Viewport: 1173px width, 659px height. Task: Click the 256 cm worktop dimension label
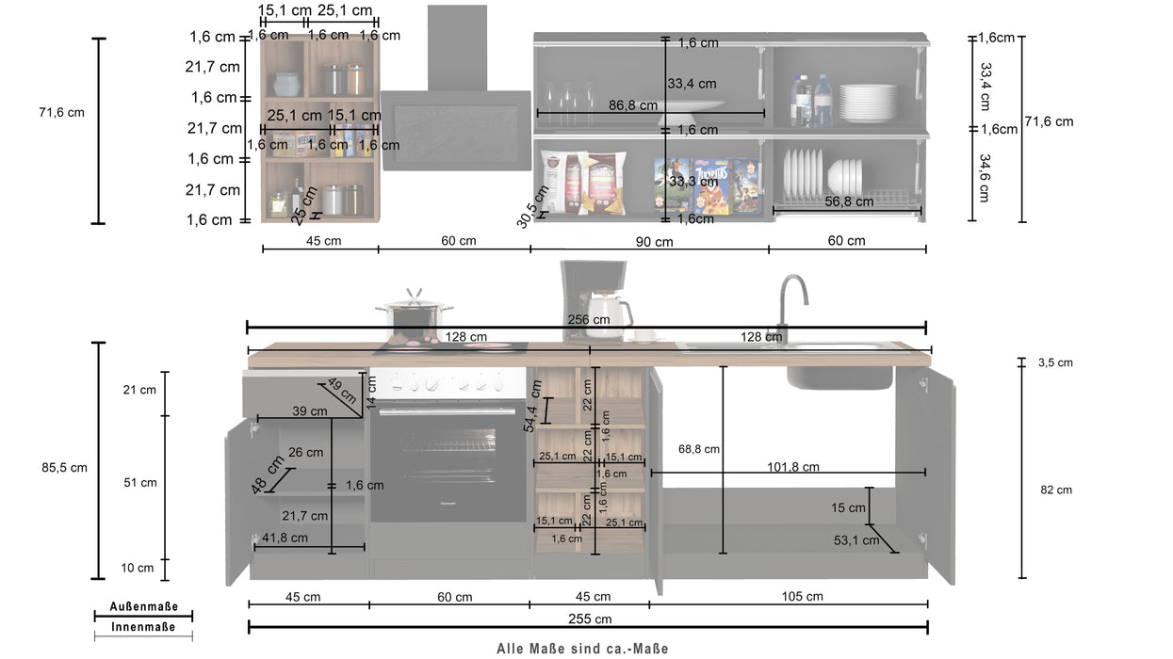click(x=588, y=319)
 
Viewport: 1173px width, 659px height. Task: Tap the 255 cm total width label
click(x=590, y=619)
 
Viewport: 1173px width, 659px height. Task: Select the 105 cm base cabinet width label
click(x=802, y=596)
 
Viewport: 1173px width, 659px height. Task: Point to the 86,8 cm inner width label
click(x=633, y=105)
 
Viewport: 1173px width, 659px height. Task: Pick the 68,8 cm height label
click(x=698, y=449)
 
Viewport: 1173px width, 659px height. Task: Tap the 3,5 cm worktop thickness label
click(x=1055, y=362)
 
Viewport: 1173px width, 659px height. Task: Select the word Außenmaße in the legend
click(x=143, y=607)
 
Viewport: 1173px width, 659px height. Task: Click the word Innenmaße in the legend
click(x=143, y=627)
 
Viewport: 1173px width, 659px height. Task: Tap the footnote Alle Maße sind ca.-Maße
click(x=582, y=648)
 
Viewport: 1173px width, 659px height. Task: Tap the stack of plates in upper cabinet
click(x=868, y=103)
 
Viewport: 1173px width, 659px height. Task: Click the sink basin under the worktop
click(x=839, y=377)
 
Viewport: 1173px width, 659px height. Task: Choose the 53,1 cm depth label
click(x=855, y=539)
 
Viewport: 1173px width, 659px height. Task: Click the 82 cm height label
click(x=1056, y=490)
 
